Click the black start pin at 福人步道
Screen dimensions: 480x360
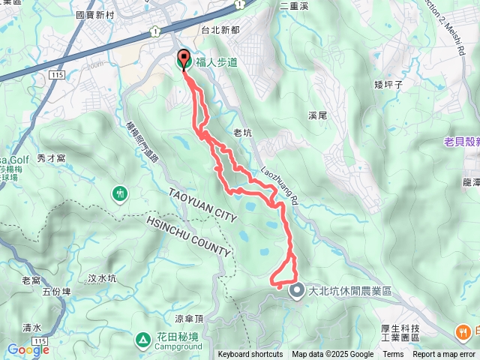coord(184,60)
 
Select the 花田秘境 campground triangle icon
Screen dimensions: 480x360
coord(143,341)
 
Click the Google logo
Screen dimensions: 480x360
coord(28,350)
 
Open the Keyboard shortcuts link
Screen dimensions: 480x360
coord(250,355)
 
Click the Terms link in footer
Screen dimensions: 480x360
coord(393,355)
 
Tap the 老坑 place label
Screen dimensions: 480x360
coord(243,131)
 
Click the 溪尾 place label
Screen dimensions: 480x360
coord(318,116)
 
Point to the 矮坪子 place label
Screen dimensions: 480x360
coord(388,85)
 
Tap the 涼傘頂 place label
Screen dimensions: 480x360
coord(189,318)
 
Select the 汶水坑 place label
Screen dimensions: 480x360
coord(102,278)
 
